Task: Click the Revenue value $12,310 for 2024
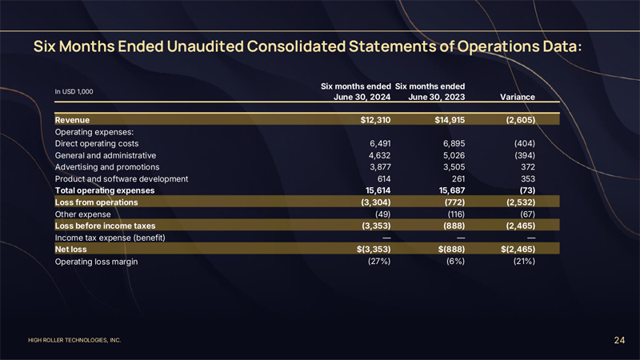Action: pyautogui.click(x=372, y=120)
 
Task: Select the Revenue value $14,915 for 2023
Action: pyautogui.click(x=447, y=120)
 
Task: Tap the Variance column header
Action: pyautogui.click(x=517, y=97)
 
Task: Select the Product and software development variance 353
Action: pyautogui.click(x=526, y=179)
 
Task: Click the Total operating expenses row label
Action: pyautogui.click(x=104, y=190)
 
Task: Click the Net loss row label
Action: pyautogui.click(x=71, y=250)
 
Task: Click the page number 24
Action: pyautogui.click(x=619, y=341)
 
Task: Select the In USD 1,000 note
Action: pyautogui.click(x=74, y=91)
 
